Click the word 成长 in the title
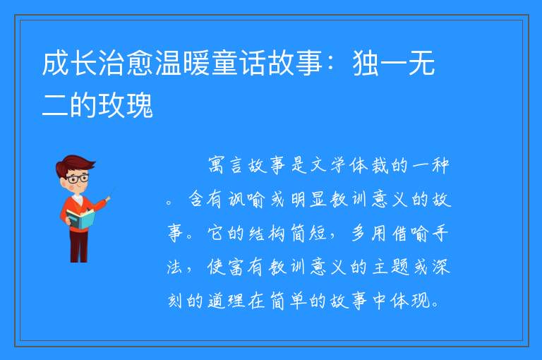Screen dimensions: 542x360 70,63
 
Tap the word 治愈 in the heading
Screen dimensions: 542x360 126,63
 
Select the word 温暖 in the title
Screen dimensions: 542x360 183,63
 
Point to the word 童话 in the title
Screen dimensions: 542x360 239,63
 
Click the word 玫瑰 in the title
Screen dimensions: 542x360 126,104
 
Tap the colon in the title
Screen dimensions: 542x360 331,63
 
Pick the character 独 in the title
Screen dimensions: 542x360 366,63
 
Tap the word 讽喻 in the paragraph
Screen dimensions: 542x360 246,199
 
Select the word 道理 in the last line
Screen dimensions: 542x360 227,301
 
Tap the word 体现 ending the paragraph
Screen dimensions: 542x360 410,301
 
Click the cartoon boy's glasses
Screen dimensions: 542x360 78,179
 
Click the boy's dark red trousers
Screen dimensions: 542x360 79,245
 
